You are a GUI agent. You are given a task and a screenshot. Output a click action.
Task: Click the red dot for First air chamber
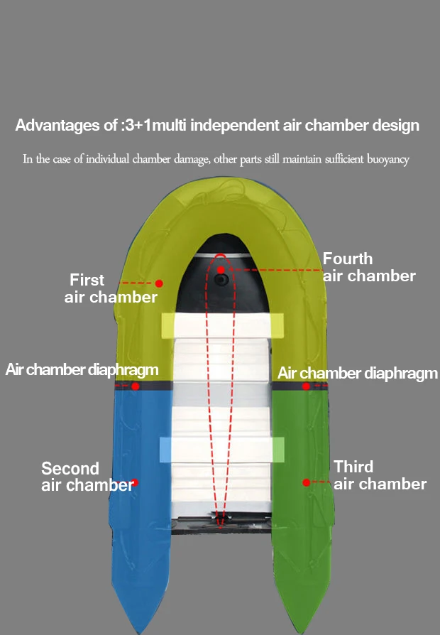[x=159, y=283]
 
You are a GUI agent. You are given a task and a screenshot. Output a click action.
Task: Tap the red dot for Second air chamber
[x=135, y=482]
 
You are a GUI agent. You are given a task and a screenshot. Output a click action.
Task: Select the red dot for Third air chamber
[x=306, y=482]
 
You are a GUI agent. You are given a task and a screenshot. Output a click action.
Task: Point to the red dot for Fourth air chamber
[x=221, y=270]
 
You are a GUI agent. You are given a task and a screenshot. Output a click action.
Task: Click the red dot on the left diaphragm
[x=135, y=386]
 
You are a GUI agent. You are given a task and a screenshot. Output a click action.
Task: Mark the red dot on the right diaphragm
[x=306, y=386]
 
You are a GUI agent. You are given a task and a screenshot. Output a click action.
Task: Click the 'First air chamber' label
[x=111, y=288]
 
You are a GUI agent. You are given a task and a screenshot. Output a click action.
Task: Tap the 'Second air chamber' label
[x=87, y=477]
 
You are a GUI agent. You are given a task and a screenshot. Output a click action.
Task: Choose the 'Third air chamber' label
[x=380, y=475]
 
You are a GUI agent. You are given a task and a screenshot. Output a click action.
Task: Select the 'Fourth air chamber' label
[x=369, y=267]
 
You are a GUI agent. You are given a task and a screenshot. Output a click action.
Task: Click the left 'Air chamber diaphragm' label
[x=82, y=370]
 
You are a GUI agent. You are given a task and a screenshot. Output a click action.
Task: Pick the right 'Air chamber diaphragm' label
[x=358, y=373]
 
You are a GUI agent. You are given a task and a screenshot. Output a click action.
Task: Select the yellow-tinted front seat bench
[x=223, y=325]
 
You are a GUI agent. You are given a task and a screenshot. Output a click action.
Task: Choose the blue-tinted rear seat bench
[x=221, y=449]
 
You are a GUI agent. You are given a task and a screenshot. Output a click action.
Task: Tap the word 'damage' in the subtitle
[x=188, y=159]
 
